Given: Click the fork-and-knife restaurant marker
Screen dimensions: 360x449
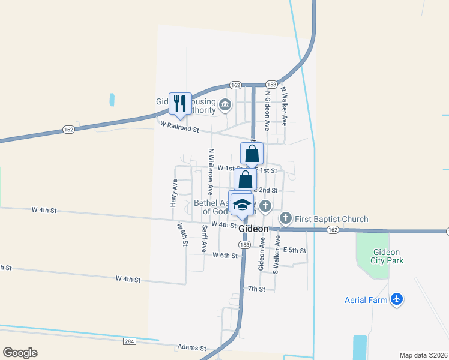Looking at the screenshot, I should [x=180, y=104].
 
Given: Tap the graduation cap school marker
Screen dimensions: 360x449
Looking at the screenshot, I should [x=242, y=204].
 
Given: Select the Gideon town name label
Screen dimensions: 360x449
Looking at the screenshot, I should [x=253, y=229].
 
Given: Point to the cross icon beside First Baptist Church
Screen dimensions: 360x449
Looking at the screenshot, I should [x=286, y=218].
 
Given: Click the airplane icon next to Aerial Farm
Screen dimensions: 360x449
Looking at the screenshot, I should [x=396, y=299].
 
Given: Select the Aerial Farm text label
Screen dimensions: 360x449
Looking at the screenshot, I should [x=366, y=300].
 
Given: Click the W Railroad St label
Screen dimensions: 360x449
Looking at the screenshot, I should [x=179, y=124].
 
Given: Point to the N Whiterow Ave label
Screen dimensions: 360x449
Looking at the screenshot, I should [x=210, y=172].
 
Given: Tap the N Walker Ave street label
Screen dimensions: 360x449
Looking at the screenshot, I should [x=284, y=105].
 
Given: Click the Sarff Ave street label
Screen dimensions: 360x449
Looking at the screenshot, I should [x=205, y=238].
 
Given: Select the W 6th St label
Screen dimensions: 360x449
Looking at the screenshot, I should [x=225, y=255].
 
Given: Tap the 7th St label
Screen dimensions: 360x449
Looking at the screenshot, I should [x=256, y=289].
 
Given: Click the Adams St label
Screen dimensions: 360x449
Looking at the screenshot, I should [x=191, y=347].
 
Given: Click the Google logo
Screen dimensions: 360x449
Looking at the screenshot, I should [x=20, y=353].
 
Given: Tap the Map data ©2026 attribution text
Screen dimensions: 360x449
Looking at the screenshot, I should [x=423, y=355].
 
